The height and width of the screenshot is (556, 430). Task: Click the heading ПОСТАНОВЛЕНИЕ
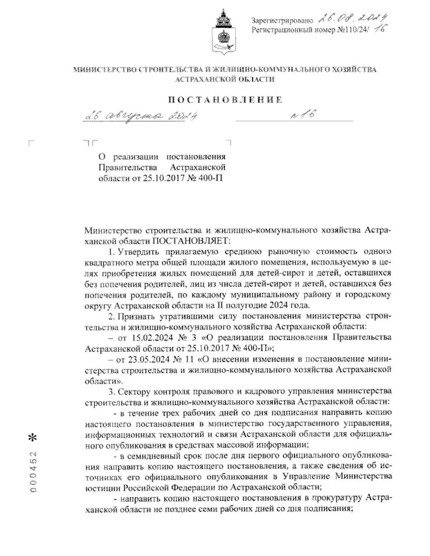[x=225, y=100]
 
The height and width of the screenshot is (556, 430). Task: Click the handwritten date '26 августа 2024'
[x=140, y=116]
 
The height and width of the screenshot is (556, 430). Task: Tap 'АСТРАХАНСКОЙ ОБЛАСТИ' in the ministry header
[x=225, y=80]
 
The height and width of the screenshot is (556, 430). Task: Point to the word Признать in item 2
[x=138, y=316]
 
